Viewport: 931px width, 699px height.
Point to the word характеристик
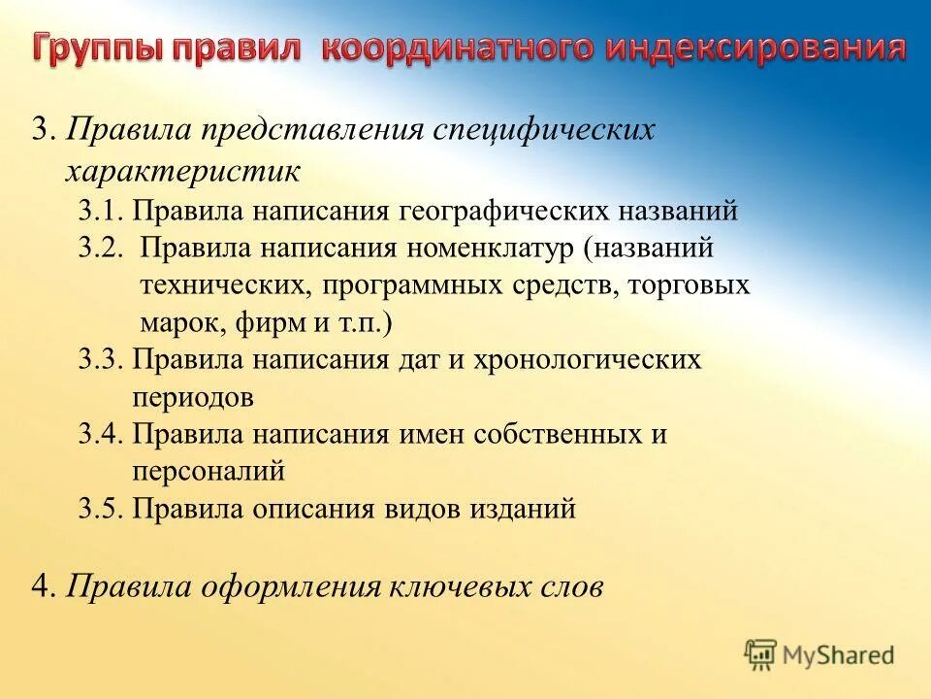coord(182,171)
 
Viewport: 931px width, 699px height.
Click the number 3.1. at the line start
coord(102,211)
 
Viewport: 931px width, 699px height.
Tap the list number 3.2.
coord(102,248)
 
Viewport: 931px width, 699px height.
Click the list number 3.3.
coord(102,359)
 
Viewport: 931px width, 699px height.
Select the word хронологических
coord(587,359)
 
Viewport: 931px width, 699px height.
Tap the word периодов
coord(193,397)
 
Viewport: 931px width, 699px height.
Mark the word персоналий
coord(209,471)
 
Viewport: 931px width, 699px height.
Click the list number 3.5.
coord(102,509)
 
